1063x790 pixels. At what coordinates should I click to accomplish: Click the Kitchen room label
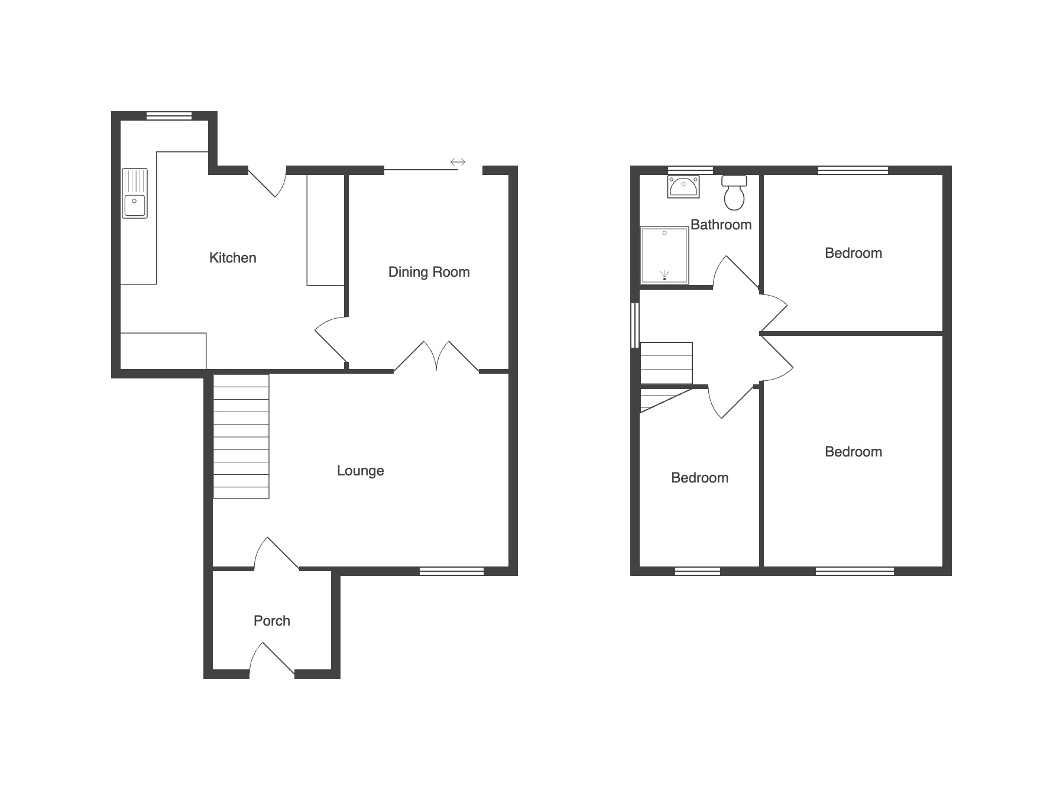click(x=233, y=258)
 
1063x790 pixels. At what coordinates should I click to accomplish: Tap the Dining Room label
click(x=429, y=272)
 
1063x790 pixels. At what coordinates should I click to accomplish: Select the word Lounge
click(x=360, y=471)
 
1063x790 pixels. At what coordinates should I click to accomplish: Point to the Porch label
click(x=272, y=621)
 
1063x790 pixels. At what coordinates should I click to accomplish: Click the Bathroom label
click(x=721, y=225)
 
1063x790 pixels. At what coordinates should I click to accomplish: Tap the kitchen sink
click(x=135, y=193)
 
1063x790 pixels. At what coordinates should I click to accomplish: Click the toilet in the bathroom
click(x=734, y=193)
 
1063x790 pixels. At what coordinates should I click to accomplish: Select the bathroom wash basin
click(x=683, y=186)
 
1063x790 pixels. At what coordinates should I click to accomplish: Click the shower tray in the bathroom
click(x=665, y=255)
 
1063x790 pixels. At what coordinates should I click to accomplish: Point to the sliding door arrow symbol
click(x=458, y=162)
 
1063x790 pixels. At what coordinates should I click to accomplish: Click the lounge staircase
click(x=241, y=436)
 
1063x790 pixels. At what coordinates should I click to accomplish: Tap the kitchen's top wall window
click(x=169, y=116)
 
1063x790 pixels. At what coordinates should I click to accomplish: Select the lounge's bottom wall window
click(x=452, y=571)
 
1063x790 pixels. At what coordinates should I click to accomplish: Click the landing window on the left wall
click(x=636, y=325)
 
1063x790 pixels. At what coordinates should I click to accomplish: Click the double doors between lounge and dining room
click(x=436, y=357)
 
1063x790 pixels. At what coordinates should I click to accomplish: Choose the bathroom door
click(x=735, y=272)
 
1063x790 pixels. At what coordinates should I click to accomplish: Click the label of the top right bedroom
click(x=853, y=253)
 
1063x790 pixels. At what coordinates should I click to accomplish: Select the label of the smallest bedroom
click(x=699, y=478)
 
